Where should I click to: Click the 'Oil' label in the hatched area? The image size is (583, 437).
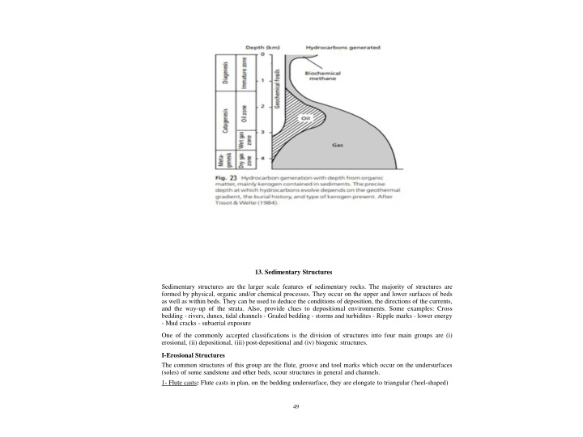(306, 118)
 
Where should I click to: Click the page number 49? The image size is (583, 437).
(295, 405)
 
